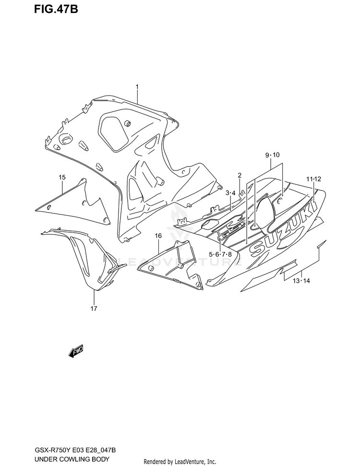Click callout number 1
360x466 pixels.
tap(137, 87)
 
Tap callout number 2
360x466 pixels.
tap(239, 175)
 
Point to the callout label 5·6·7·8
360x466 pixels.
tap(220, 254)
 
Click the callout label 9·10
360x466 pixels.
tap(272, 155)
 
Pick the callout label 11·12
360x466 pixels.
tap(314, 179)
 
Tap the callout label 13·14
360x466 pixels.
tap(301, 281)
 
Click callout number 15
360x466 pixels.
tap(62, 178)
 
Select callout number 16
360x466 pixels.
tap(158, 236)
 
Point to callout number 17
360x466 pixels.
tap(94, 308)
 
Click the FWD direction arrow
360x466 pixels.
tap(76, 353)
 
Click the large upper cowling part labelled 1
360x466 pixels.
tap(144, 154)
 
